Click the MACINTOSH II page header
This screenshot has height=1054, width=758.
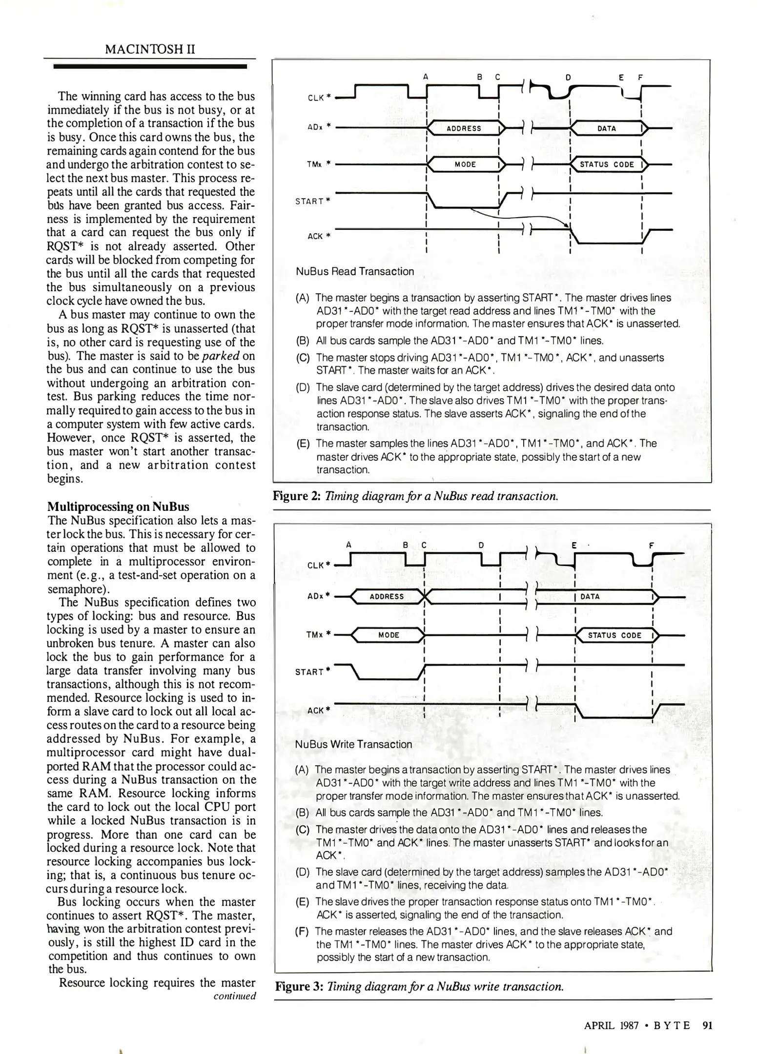pos(150,49)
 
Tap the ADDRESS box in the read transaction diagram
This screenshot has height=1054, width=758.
pos(464,128)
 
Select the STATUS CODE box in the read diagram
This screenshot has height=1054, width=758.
pos(607,164)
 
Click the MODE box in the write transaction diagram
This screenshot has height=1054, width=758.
pos(389,635)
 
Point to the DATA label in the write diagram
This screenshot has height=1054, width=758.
pos(590,596)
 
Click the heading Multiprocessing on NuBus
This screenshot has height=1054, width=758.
pos(118,506)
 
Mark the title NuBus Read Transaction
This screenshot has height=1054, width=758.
pos(355,271)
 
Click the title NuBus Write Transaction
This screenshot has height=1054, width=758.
pos(353,744)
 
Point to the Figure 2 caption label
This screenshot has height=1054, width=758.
pos(296,496)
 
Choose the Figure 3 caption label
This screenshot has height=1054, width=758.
pos(299,987)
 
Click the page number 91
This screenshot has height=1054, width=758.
pos(707,1025)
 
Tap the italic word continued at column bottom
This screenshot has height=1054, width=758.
pos(234,996)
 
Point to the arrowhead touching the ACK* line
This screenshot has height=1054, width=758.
pos(567,225)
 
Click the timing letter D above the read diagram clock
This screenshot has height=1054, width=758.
pos(568,77)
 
